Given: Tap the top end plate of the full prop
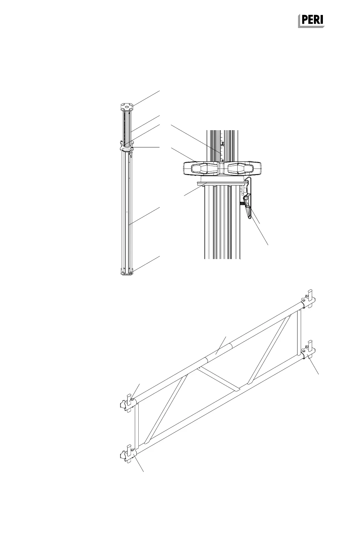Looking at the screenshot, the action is (x=127, y=107).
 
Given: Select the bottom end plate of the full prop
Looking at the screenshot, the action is (x=127, y=271).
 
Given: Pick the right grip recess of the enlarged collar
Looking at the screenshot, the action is (x=241, y=168).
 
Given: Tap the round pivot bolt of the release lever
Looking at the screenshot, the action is (x=246, y=198).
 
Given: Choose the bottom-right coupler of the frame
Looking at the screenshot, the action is (x=308, y=353).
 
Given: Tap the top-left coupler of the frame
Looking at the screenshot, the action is (x=128, y=403).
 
